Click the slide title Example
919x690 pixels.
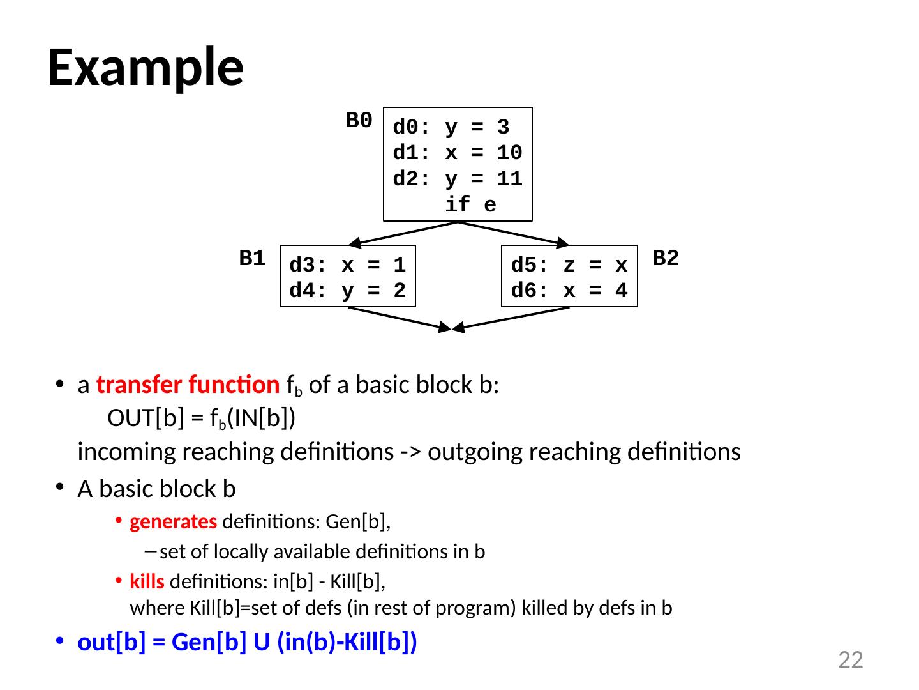[145, 68]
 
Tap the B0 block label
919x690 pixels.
[359, 120]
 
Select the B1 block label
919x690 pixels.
[252, 259]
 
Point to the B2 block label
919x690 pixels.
[666, 258]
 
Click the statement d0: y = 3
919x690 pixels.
[451, 128]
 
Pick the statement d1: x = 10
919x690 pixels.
[457, 153]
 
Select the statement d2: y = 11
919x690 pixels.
[457, 180]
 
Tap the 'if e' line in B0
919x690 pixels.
[470, 205]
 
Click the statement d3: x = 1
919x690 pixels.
[347, 264]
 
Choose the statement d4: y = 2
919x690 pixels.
[347, 291]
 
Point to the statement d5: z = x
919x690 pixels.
[569, 264]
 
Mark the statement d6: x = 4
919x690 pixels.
[569, 291]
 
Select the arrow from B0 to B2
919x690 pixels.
[513, 233]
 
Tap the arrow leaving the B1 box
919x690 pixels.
[400, 319]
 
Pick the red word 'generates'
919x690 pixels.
[173, 523]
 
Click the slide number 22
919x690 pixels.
[850, 660]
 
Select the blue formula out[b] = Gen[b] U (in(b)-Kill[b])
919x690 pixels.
[247, 643]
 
